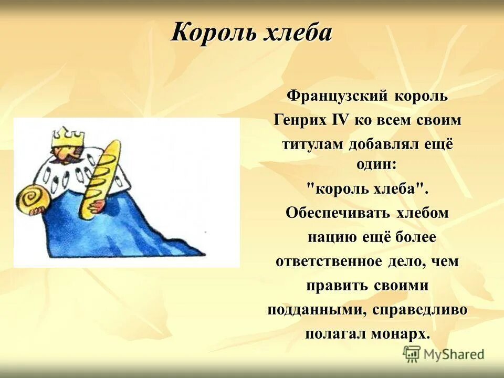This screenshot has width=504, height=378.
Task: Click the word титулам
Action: click(312, 144)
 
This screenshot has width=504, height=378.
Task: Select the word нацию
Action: click(332, 237)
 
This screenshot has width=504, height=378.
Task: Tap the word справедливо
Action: click(420, 310)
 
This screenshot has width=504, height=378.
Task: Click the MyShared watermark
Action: click(444, 354)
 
